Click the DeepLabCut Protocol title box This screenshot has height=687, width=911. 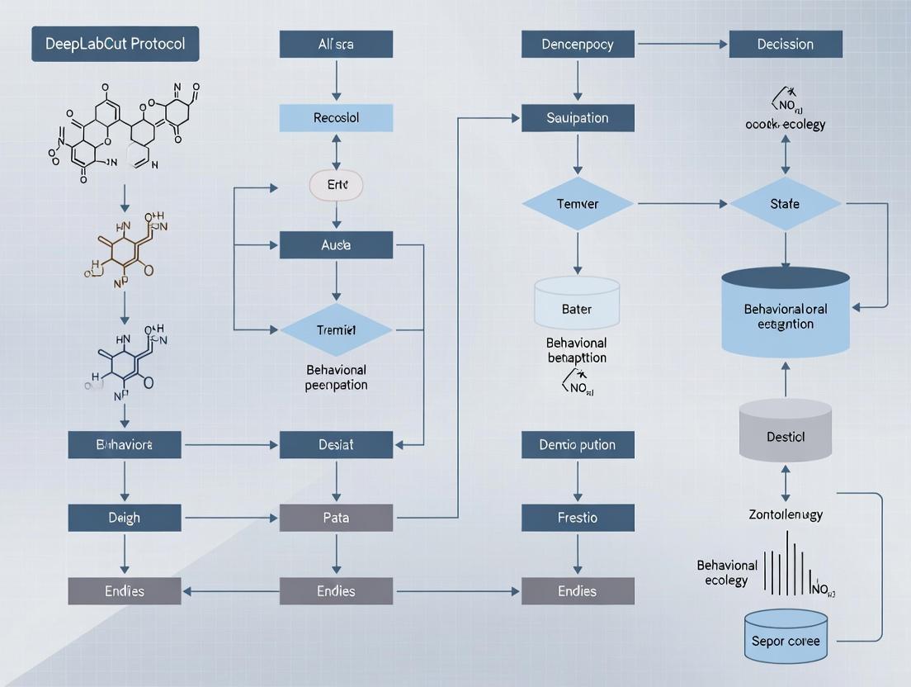point(115,44)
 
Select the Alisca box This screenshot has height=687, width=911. point(336,45)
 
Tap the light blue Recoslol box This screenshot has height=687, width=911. point(336,118)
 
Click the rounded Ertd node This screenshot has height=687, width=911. point(336,186)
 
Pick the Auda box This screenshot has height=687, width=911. point(336,245)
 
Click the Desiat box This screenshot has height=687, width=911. point(336,444)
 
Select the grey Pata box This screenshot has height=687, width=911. point(336,518)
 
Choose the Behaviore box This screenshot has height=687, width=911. point(125,444)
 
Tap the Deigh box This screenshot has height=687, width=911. point(125,518)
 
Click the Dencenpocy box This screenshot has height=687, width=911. point(578,45)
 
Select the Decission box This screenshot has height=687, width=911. point(786,45)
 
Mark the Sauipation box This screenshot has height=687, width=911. point(578,118)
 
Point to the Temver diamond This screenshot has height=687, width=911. point(578,203)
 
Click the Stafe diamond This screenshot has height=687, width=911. point(785,203)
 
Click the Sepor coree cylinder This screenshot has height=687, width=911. point(786,637)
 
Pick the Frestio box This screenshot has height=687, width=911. point(578,518)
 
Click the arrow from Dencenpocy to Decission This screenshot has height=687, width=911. point(682,45)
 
